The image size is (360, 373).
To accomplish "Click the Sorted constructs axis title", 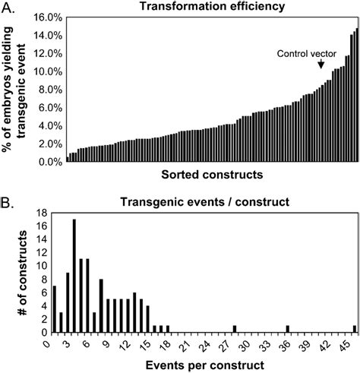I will [x=212, y=175].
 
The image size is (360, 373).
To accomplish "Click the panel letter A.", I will [x=8, y=7].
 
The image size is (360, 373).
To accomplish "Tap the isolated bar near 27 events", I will [x=235, y=329].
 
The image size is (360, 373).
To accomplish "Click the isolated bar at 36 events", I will [x=288, y=330].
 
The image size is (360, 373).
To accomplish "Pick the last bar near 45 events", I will [x=354, y=329].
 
